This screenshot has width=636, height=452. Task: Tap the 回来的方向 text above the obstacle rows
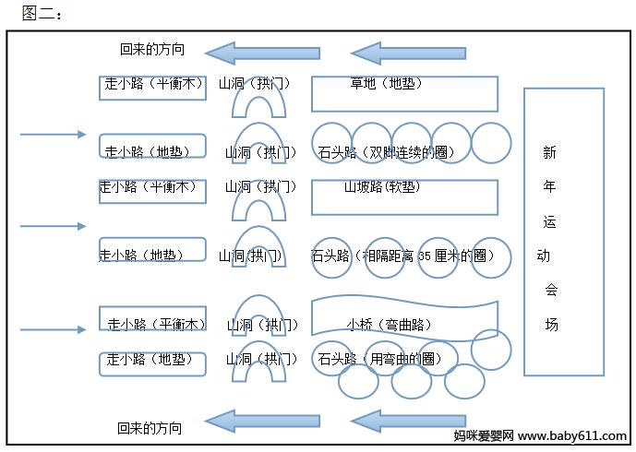click(x=152, y=50)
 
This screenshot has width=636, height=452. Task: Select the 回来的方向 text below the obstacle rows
click(x=150, y=428)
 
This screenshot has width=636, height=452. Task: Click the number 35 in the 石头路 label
click(x=425, y=256)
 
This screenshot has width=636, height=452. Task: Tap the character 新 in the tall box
click(x=550, y=152)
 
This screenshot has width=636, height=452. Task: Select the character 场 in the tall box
click(x=552, y=325)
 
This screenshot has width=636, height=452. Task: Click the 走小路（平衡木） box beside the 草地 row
click(x=153, y=87)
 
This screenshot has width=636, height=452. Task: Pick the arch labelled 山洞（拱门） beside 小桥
click(x=263, y=318)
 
